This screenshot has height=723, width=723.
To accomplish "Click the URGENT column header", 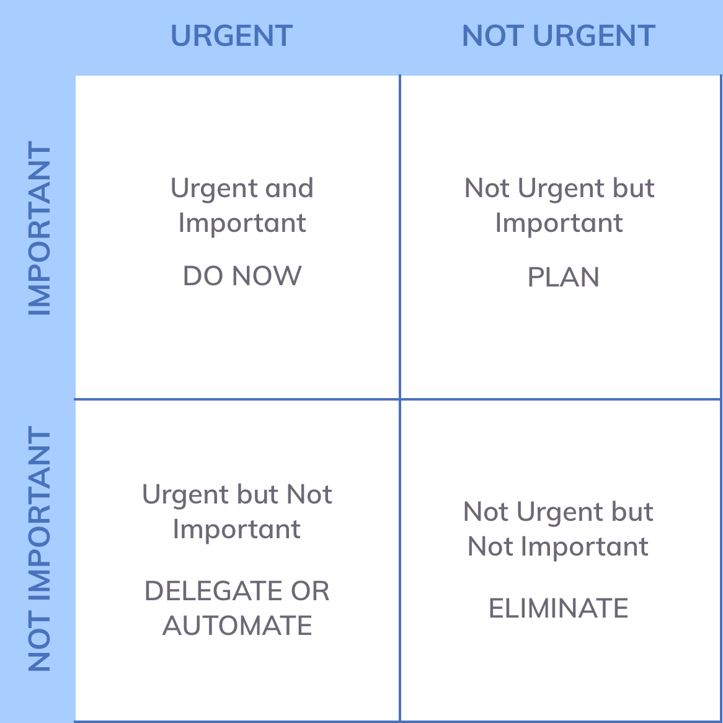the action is [x=231, y=35].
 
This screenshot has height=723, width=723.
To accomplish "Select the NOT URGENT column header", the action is [x=559, y=35].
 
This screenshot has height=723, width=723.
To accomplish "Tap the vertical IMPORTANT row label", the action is [x=39, y=228].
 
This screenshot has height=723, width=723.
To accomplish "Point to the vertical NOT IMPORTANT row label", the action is [x=39, y=549].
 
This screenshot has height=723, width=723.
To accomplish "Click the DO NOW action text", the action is [x=242, y=276].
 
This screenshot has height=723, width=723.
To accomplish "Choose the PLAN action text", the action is [x=563, y=277].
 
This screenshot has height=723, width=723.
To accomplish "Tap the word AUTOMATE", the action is [x=237, y=625].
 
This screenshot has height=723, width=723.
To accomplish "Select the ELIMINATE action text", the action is [x=559, y=608].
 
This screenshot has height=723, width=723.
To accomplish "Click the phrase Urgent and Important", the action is [x=242, y=206].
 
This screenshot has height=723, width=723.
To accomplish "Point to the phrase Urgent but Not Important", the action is [x=237, y=512].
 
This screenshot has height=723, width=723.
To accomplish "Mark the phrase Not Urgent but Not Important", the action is [x=559, y=529].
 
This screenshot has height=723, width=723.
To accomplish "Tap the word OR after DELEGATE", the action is [x=310, y=591].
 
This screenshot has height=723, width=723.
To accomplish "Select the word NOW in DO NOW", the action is [x=267, y=276].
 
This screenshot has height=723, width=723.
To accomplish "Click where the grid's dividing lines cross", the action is [x=400, y=399].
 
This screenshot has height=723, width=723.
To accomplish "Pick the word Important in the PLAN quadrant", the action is [x=559, y=223].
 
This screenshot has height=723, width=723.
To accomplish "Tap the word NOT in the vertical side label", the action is [x=39, y=644].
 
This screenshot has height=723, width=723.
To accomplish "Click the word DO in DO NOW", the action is [x=203, y=276].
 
